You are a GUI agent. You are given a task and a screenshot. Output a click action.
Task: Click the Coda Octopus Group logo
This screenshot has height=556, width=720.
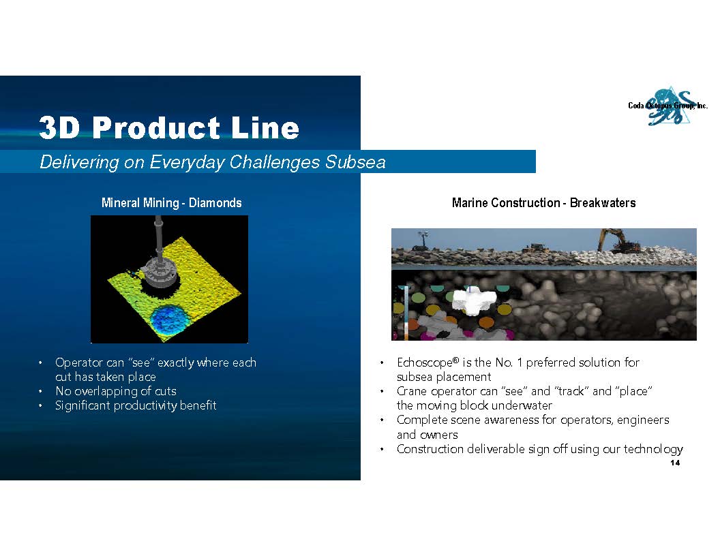coord(668,106)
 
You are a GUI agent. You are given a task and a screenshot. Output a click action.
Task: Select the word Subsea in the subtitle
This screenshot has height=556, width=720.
coord(355,162)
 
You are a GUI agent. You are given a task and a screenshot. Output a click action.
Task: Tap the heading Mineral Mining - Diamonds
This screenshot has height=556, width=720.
coord(171,203)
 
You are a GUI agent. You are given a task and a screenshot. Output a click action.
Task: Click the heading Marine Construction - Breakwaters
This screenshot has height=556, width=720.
coord(543,203)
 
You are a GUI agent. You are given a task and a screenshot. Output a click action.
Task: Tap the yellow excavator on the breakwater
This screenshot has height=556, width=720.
coord(618,241)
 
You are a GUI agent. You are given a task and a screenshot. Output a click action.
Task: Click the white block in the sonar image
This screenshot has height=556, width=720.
coord(475,301)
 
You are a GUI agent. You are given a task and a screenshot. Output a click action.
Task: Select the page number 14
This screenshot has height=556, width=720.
coord(675,463)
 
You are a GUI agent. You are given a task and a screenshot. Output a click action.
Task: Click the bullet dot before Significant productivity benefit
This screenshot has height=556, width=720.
coord(40,405)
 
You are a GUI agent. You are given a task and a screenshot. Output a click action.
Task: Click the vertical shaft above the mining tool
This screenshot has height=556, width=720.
coord(158,236)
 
